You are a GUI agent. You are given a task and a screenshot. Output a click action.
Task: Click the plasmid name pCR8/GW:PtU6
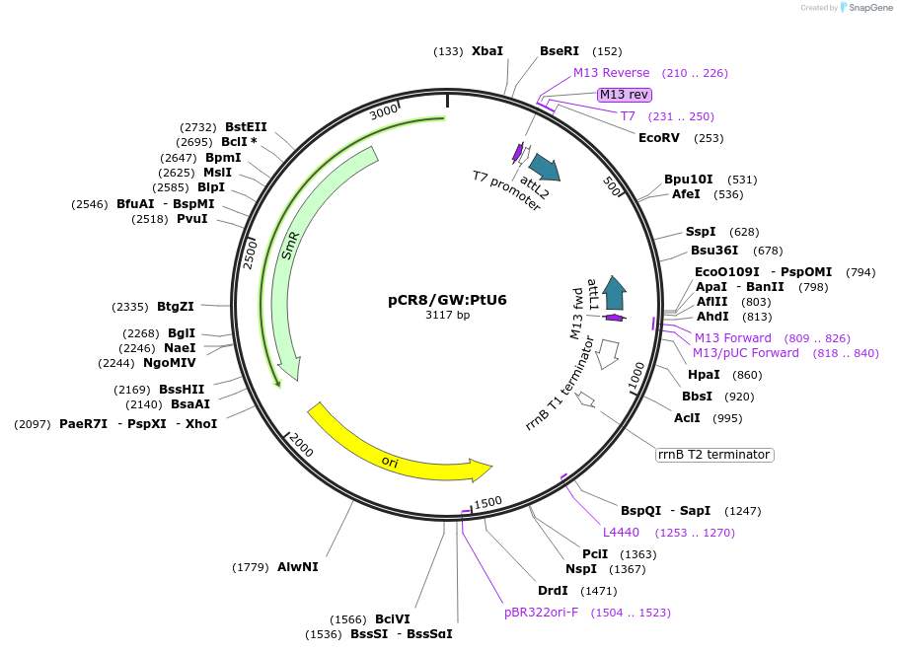(x=447, y=300)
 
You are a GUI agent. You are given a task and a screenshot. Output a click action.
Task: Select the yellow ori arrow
(x=395, y=453)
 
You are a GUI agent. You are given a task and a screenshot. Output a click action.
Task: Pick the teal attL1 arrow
(x=615, y=292)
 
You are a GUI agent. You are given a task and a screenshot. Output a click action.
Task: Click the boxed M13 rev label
(x=625, y=95)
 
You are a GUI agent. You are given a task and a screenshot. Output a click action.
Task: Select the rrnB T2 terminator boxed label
(x=714, y=455)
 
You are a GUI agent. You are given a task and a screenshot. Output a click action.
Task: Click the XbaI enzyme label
(x=486, y=51)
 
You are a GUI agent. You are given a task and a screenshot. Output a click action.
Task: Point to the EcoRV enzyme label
(x=659, y=138)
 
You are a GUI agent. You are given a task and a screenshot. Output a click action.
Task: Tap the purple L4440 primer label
(x=622, y=533)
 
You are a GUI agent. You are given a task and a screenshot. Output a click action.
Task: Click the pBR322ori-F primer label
(x=541, y=613)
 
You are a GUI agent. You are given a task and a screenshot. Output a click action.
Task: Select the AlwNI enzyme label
(x=297, y=566)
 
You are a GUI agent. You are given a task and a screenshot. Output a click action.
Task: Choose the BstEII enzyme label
(x=246, y=126)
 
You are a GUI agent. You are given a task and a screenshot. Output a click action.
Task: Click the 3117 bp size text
(x=447, y=316)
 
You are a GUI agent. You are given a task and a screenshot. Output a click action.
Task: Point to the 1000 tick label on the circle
(x=636, y=375)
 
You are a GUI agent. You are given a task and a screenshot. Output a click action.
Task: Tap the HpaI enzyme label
(x=704, y=375)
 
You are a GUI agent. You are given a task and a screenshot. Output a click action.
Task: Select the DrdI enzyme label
(x=553, y=591)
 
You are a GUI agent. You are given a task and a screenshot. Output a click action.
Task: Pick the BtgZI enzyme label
(x=176, y=307)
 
